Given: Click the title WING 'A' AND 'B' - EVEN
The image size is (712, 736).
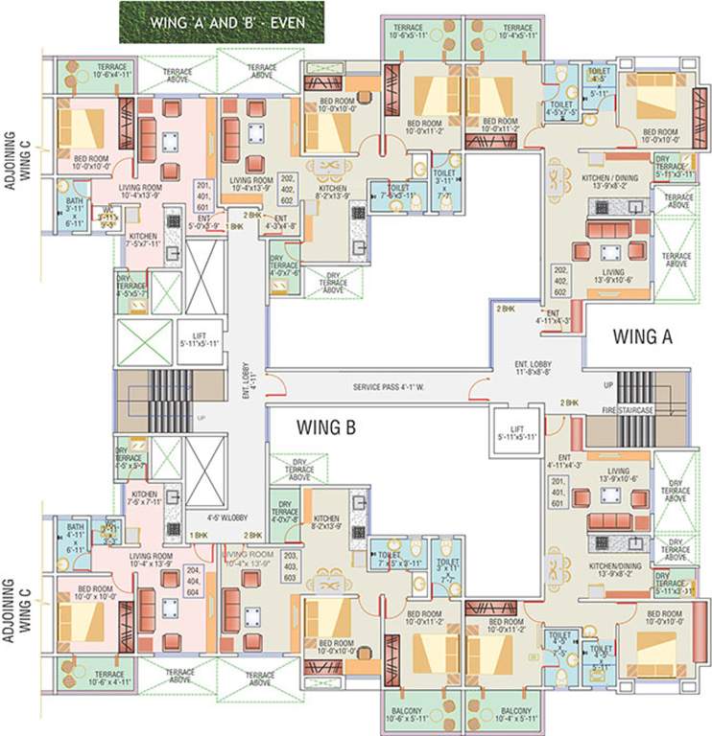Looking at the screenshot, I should click(222, 21).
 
